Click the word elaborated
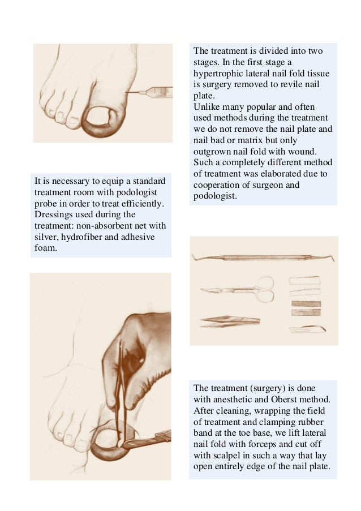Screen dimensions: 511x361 coord(290,174)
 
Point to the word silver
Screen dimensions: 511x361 coord(46,237)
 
